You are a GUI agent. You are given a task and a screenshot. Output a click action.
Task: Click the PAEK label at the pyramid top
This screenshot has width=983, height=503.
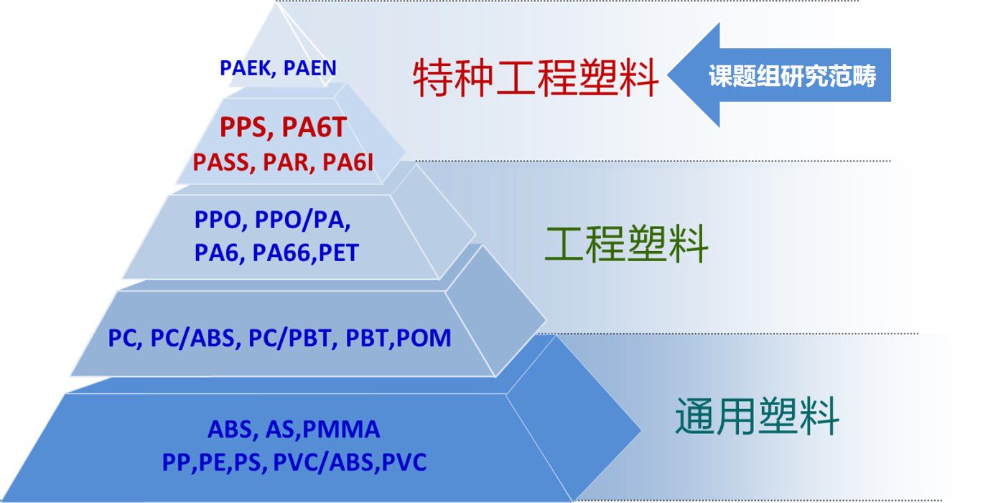tap(246, 68)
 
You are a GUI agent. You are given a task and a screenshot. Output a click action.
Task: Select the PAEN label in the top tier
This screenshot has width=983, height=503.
tap(309, 68)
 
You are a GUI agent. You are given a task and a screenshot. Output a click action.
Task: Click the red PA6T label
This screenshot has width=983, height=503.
tap(315, 127)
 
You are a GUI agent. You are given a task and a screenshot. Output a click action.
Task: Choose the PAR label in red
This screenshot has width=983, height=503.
tap(286, 163)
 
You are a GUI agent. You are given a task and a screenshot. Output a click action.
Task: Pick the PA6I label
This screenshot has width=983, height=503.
tap(348, 162)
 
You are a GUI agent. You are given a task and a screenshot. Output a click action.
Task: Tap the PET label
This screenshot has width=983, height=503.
tap(338, 253)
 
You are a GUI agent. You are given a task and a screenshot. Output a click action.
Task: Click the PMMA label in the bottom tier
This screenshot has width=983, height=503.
tap(341, 429)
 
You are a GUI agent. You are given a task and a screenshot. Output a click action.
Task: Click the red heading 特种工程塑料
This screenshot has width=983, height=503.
tap(536, 77)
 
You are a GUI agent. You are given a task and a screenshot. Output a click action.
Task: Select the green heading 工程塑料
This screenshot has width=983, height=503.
tap(626, 244)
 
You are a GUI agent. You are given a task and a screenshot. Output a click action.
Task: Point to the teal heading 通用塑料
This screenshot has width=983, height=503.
tap(757, 416)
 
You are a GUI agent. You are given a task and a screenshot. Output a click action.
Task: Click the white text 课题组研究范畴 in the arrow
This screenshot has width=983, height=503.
tap(793, 76)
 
